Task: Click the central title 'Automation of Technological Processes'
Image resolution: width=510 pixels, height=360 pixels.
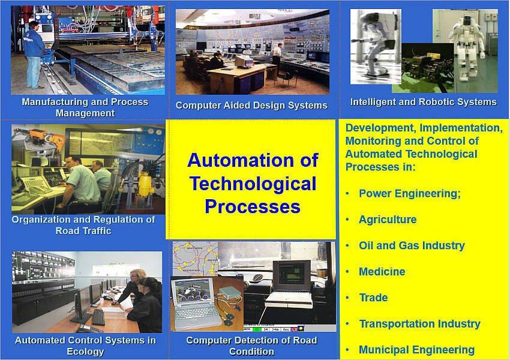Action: coord(253,184)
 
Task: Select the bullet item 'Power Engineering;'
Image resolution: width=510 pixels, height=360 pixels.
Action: coord(410,193)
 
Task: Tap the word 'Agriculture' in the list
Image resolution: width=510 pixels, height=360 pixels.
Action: coord(388,220)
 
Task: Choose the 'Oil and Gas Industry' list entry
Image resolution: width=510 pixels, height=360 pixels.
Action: coord(412,245)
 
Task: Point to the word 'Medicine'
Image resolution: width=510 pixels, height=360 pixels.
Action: coord(382,272)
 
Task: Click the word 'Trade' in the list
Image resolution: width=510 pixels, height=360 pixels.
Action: coord(373,298)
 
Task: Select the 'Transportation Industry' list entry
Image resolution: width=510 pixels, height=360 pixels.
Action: coord(420,324)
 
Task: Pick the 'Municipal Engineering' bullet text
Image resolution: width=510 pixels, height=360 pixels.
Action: coord(416,350)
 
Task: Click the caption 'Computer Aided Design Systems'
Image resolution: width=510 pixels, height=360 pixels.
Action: coord(251,106)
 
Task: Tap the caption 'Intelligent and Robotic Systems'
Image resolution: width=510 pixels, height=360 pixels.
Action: coord(424,102)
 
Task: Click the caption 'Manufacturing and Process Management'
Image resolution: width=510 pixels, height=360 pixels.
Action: coord(85,107)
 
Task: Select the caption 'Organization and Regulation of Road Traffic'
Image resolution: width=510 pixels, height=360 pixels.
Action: coord(83,225)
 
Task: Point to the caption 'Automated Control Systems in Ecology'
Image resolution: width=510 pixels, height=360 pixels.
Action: coord(85,346)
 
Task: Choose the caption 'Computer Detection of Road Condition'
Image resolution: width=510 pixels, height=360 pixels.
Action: coord(251,346)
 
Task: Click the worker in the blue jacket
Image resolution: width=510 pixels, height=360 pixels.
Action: coord(34,55)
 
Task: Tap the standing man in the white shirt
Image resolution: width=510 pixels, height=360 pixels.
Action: coord(277,59)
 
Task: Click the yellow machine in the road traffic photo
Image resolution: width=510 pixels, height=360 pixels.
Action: coord(144,186)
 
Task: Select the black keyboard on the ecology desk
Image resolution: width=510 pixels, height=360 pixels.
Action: coord(98,317)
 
